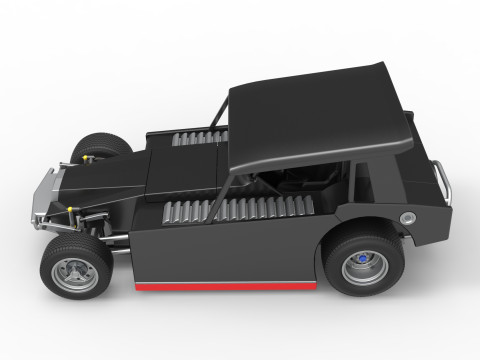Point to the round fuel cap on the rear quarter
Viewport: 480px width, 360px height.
tap(407, 219)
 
